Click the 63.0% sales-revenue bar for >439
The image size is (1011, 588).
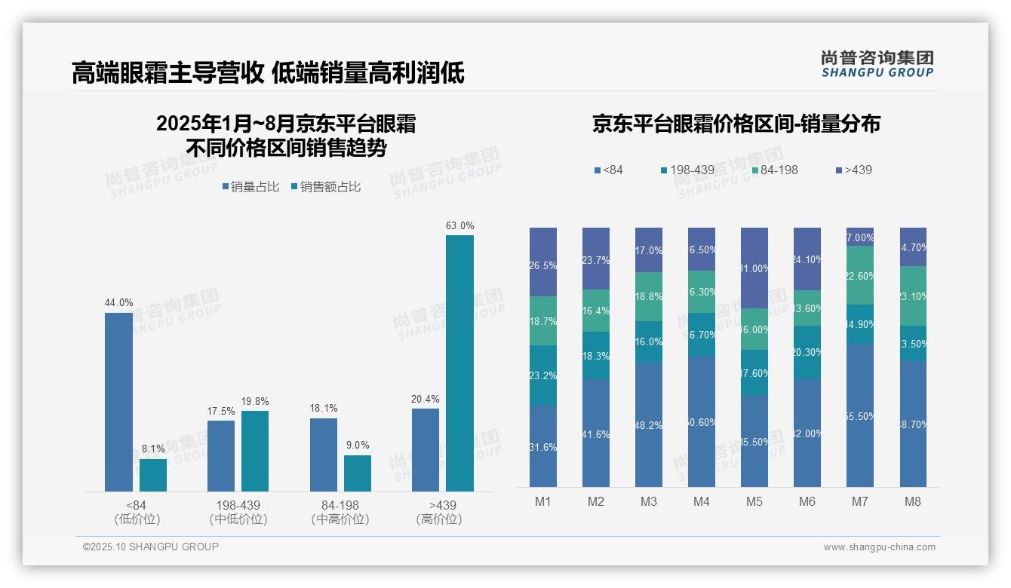[459, 363]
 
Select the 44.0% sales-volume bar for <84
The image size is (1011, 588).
[118, 402]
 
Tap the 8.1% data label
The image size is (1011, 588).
[153, 449]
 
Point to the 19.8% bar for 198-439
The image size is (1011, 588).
[254, 451]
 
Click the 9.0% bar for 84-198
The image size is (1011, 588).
[358, 473]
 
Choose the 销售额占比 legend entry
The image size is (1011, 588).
[326, 187]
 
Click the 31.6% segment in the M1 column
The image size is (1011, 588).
[543, 447]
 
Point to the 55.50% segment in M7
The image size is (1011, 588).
[860, 415]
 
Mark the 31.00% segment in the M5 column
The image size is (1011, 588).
[754, 268]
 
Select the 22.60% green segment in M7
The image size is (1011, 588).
[860, 276]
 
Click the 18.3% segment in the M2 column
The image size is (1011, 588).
[596, 356]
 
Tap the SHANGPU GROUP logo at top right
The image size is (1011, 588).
[877, 64]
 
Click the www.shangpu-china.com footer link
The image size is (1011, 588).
[879, 547]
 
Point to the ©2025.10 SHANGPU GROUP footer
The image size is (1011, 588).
[151, 547]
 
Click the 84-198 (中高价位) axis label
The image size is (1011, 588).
[340, 512]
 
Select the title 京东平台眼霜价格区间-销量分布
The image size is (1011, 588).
[736, 124]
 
